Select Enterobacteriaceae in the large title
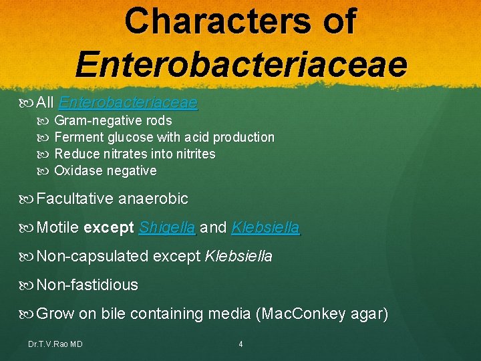[240, 64]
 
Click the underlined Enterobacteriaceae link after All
[128, 103]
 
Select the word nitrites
[192, 154]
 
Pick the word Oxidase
[75, 171]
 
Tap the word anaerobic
[153, 199]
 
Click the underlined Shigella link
[167, 228]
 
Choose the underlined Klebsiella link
[265, 228]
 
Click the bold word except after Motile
[109, 228]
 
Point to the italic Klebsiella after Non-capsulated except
[238, 257]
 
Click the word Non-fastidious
[88, 285]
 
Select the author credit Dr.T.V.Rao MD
[55, 344]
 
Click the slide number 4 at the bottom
[240, 344]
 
